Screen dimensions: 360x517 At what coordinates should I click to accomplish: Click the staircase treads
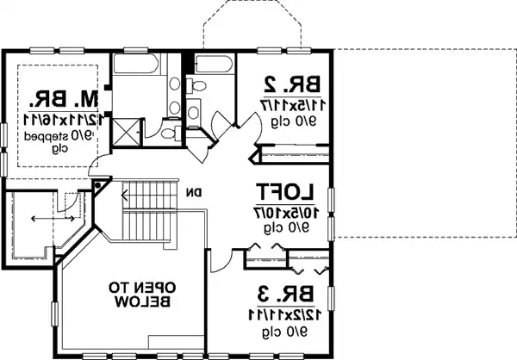[x=146, y=212]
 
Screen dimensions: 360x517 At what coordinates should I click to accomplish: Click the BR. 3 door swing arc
[x=222, y=257]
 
